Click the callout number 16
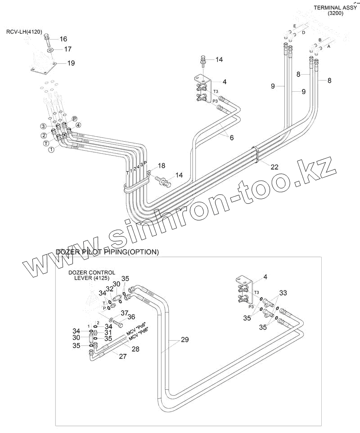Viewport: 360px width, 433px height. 63,39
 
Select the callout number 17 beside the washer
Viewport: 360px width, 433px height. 67,49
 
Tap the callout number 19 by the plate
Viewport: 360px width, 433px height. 71,63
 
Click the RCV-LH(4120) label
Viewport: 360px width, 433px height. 24,32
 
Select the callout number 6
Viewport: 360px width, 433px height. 231,138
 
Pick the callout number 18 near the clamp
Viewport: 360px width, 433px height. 162,166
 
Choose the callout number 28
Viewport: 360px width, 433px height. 135,348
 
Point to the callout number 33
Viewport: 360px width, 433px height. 283,293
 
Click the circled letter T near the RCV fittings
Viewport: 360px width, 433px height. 46,143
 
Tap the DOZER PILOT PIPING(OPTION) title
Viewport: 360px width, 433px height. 107,252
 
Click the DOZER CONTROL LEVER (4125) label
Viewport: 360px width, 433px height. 92,276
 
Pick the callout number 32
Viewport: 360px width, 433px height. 110,289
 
